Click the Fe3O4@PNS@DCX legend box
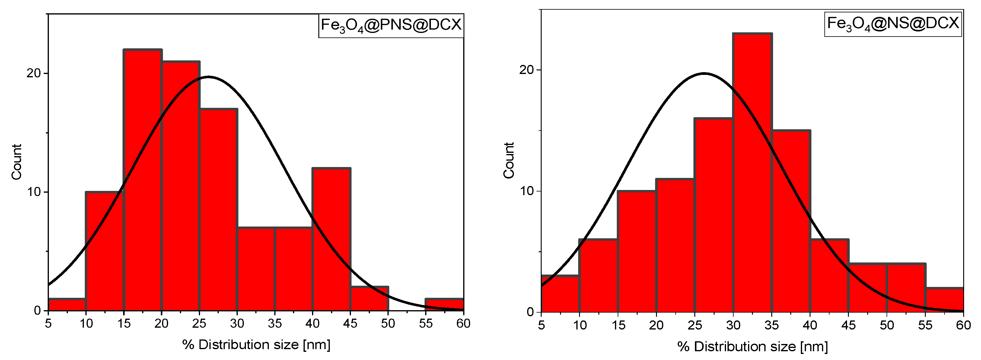[391, 25]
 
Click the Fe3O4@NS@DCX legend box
[893, 24]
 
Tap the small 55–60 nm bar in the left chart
[444, 305]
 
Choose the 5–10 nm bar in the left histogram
[67, 305]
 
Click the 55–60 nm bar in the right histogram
[944, 300]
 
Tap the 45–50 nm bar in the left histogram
[369, 299]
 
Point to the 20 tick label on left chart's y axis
[33, 73]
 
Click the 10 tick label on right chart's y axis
[527, 191]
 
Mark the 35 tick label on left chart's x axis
[275, 324]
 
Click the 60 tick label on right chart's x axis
[963, 325]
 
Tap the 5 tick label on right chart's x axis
[541, 325]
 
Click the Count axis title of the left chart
[16, 162]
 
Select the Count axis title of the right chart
[509, 160]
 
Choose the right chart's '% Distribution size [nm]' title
[753, 347]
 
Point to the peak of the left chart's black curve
[208, 77]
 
